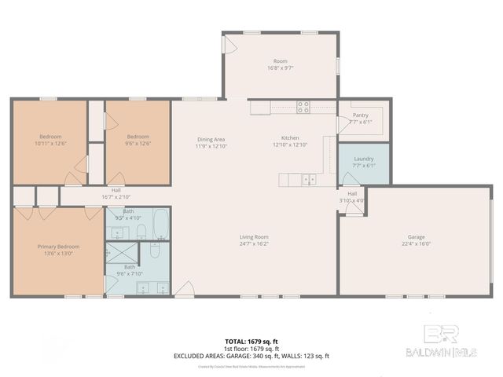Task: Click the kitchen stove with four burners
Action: [303, 108]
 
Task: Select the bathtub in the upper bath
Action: [160, 224]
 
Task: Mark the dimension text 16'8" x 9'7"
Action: [281, 68]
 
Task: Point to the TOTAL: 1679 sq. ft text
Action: [251, 342]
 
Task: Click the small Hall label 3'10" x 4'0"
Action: [352, 196]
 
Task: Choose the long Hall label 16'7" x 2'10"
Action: [116, 193]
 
